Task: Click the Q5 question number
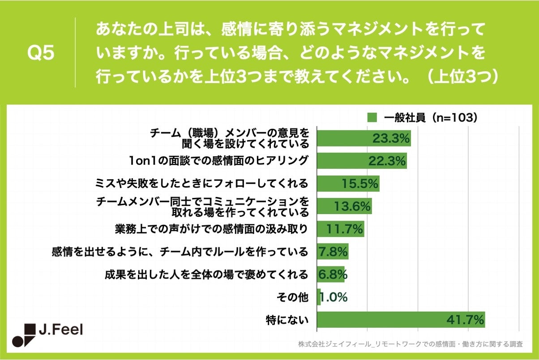tap(41, 53)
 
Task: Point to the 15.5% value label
tap(360, 184)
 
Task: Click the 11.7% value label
tap(345, 229)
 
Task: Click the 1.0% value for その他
tap(334, 297)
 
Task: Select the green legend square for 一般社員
tap(372, 118)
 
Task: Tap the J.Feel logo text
tap(61, 331)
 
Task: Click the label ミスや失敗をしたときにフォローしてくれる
tap(201, 184)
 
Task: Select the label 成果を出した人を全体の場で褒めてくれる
tap(206, 274)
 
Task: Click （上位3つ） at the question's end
tap(462, 76)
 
